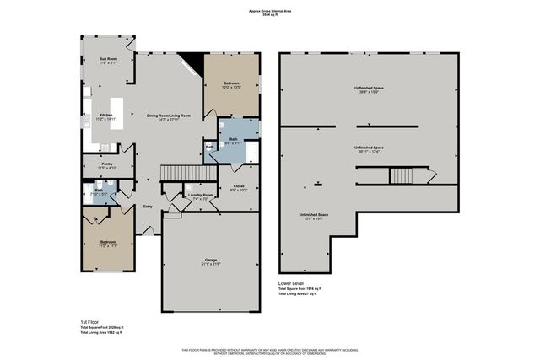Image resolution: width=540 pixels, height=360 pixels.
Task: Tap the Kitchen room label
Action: click(106, 116)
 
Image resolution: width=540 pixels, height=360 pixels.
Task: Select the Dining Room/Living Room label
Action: click(169, 116)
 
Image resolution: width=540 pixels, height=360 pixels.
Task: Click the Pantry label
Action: click(106, 165)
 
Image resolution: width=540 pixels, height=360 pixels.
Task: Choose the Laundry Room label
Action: click(201, 195)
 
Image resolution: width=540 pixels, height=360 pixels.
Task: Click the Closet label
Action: click(239, 187)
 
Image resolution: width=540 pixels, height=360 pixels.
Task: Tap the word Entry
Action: click(148, 206)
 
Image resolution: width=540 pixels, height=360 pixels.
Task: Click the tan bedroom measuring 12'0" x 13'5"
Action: click(232, 83)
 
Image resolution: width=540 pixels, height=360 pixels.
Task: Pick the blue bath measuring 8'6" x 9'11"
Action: click(232, 141)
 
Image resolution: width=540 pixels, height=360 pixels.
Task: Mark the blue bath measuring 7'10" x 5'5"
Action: click(99, 191)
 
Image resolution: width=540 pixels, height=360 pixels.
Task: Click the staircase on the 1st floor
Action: click(179, 172)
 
